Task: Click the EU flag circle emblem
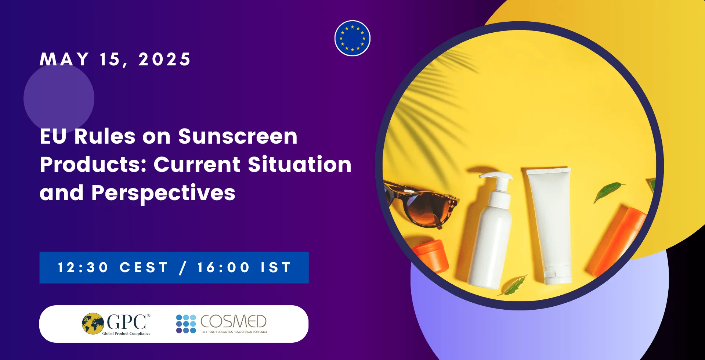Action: [352, 38]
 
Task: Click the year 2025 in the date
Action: [164, 59]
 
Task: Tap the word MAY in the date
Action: [64, 59]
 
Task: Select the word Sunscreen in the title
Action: [238, 136]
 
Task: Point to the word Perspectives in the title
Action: [163, 193]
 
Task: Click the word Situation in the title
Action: [300, 164]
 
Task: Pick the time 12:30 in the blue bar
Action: [83, 267]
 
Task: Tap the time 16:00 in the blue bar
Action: [223, 267]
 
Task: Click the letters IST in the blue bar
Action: [276, 267]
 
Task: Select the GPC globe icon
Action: [93, 323]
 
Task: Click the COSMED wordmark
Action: [234, 321]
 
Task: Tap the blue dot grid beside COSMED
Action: [186, 324]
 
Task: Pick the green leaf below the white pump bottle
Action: [513, 286]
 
